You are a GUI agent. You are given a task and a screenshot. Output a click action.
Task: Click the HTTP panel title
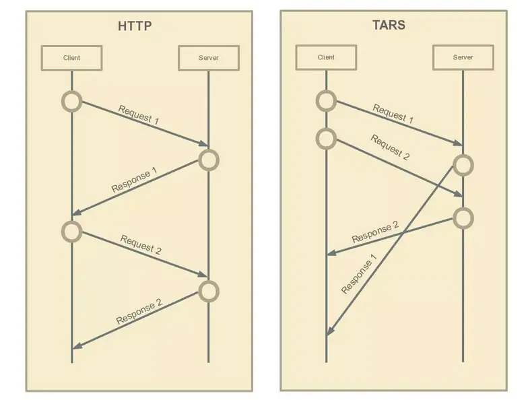(135, 27)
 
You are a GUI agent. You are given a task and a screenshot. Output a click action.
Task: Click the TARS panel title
(389, 26)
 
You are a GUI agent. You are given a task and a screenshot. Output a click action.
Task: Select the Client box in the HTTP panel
(71, 58)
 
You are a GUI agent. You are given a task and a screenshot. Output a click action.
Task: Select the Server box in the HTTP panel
(208, 58)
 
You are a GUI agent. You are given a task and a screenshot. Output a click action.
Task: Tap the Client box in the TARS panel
(326, 57)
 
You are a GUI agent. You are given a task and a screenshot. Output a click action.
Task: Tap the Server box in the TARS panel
(463, 57)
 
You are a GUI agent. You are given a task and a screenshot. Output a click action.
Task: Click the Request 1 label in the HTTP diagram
(139, 115)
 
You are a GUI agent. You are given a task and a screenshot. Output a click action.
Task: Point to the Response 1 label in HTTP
(134, 181)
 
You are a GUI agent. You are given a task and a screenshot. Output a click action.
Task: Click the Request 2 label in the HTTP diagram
(141, 244)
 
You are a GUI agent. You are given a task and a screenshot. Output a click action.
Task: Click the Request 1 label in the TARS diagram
(393, 113)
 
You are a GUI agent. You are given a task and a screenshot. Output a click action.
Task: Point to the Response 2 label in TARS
(375, 232)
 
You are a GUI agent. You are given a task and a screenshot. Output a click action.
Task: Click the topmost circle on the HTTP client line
(71, 102)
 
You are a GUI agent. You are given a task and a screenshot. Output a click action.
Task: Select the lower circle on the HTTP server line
(209, 291)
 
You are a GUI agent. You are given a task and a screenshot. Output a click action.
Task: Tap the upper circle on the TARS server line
(463, 165)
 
